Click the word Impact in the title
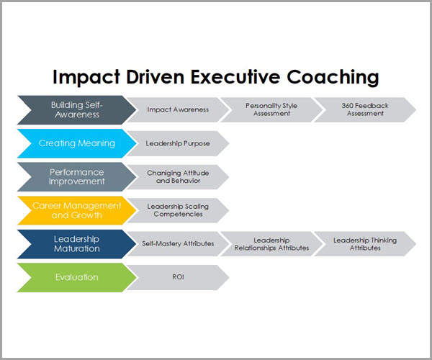[x=86, y=77]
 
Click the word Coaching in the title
[x=333, y=77]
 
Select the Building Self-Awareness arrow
[x=77, y=110]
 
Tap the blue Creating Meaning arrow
[x=77, y=143]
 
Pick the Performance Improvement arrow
[x=77, y=177]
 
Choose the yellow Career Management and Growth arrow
[x=77, y=210]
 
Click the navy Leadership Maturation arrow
[x=77, y=244]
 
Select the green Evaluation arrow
[x=77, y=277]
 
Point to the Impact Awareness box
[x=178, y=109]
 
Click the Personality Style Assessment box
[x=271, y=109]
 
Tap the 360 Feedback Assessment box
[x=365, y=109]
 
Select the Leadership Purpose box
[x=178, y=143]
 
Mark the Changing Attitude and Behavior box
[x=178, y=177]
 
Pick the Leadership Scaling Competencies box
[x=178, y=210]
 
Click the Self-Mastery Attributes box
[x=178, y=244]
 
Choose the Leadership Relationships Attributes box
[x=271, y=244]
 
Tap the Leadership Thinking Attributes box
[x=365, y=244]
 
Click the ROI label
[x=178, y=276]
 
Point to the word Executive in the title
[x=235, y=77]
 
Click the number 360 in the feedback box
[x=347, y=106]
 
